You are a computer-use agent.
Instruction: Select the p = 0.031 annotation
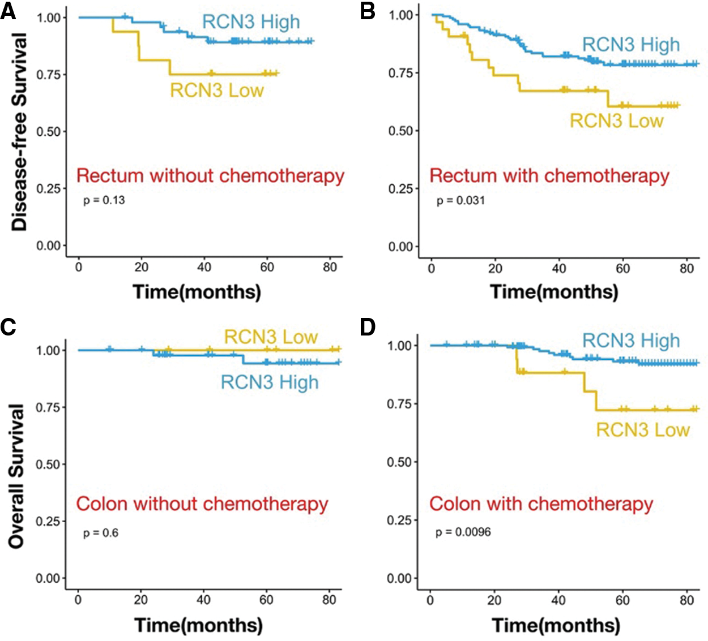click(460, 200)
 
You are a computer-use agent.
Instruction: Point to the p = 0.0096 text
click(463, 532)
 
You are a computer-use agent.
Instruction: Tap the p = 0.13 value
click(104, 200)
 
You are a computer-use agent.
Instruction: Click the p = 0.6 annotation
click(101, 533)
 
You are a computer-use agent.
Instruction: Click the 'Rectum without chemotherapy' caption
click(210, 175)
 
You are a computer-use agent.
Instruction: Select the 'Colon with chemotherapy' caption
click(541, 504)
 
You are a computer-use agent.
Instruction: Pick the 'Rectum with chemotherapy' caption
click(549, 175)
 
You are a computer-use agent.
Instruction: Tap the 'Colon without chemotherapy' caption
click(202, 504)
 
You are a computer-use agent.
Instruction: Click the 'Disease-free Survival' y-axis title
click(19, 131)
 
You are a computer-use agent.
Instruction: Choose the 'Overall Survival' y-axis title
click(17, 476)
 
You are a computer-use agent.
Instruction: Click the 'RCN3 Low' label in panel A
click(217, 90)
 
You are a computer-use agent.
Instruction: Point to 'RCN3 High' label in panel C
click(270, 382)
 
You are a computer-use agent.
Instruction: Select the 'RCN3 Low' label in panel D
click(643, 430)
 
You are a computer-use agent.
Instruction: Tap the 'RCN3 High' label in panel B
click(631, 45)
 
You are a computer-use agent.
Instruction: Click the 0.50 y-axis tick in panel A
click(48, 131)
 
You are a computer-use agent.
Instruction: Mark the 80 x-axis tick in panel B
click(686, 268)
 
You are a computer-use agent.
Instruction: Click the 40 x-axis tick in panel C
click(203, 600)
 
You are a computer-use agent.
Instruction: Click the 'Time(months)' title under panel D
click(556, 625)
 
